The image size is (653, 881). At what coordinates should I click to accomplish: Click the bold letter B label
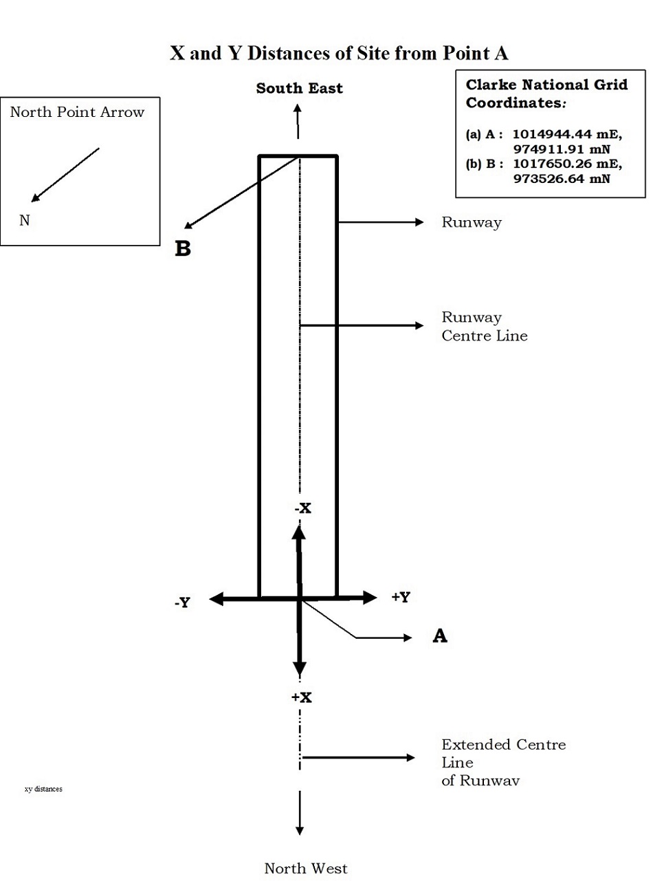tap(183, 249)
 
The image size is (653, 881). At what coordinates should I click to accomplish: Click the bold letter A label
tap(440, 635)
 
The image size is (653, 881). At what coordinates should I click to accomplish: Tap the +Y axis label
tap(401, 596)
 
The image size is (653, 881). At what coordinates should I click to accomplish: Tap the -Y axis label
tap(182, 602)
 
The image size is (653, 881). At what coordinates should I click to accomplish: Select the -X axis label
tap(303, 508)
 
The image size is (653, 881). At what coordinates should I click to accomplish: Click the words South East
tap(299, 88)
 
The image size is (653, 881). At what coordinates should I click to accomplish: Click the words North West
tap(306, 869)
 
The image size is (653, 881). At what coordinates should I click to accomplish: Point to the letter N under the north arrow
tap(25, 220)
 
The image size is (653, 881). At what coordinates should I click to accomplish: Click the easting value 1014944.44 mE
tap(567, 134)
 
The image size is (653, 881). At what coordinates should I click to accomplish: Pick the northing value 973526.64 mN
tap(562, 179)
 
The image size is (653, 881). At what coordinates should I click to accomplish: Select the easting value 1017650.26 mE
tap(567, 164)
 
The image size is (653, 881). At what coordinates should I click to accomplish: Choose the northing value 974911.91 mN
tap(562, 149)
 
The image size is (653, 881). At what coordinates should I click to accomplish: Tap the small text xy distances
tap(43, 789)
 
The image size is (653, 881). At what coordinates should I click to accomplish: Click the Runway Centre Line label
tap(485, 327)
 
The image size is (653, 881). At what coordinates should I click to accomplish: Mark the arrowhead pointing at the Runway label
tap(419, 222)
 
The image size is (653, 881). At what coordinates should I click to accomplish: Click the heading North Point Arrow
tap(77, 112)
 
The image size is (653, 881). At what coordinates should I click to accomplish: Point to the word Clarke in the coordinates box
tap(491, 85)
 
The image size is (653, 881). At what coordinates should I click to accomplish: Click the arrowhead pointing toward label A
tap(408, 638)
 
